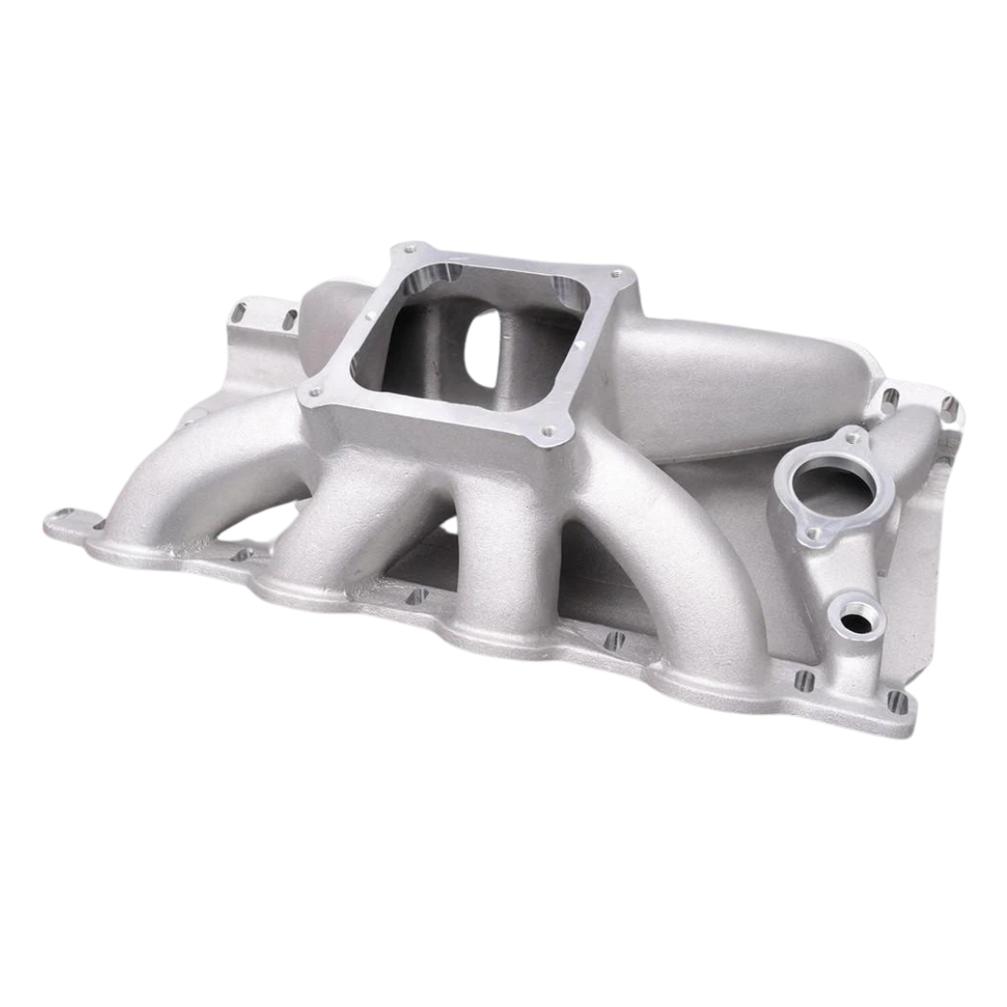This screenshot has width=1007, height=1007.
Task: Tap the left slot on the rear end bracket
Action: tap(243, 306)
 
